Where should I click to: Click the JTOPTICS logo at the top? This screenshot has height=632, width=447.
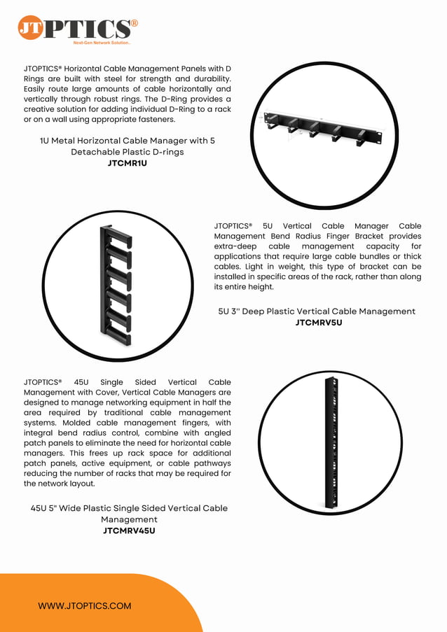click(77, 29)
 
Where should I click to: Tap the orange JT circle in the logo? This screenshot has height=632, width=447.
click(30, 28)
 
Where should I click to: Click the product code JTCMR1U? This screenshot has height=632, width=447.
click(127, 163)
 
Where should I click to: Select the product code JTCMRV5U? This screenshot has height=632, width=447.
click(318, 323)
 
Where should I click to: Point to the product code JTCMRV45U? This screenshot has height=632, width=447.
click(128, 531)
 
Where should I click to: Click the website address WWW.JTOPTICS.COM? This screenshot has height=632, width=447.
click(84, 605)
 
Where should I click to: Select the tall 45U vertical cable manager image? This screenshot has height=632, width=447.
click(331, 443)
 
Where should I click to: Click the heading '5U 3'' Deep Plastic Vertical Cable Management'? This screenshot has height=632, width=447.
click(317, 311)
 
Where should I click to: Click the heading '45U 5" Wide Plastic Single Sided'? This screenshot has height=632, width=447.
click(129, 508)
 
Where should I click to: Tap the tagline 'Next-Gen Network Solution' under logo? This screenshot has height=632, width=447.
click(102, 43)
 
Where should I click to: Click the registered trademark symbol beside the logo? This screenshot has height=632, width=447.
click(134, 23)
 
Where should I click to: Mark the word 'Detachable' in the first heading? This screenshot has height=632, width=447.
click(95, 152)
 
